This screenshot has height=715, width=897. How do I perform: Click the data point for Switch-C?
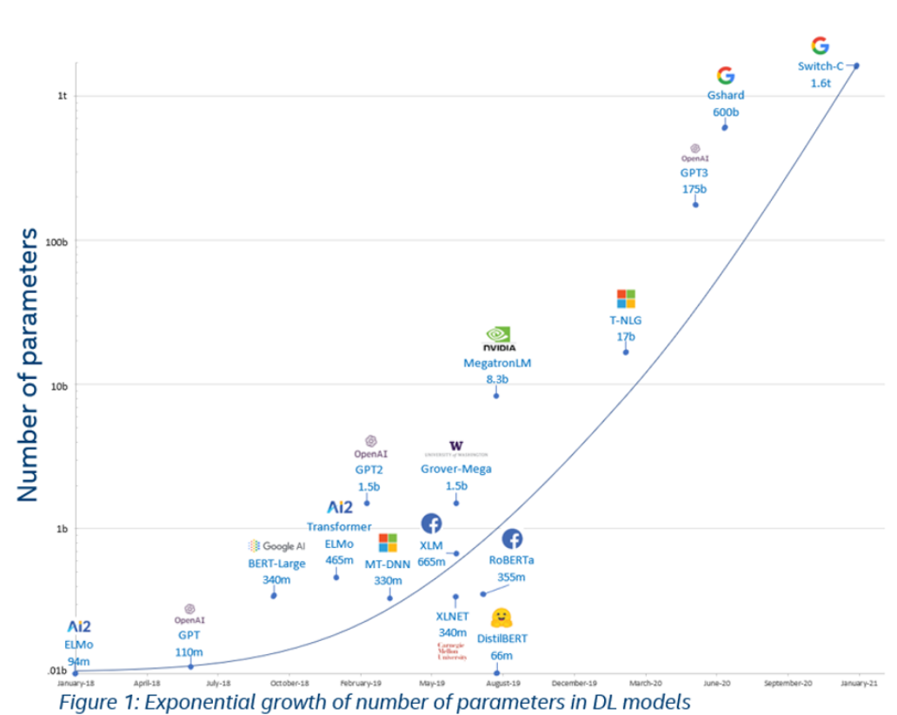pyautogui.click(x=856, y=65)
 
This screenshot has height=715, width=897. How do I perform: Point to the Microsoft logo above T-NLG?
pyautogui.click(x=626, y=299)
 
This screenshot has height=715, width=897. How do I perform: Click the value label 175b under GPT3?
pyautogui.click(x=694, y=189)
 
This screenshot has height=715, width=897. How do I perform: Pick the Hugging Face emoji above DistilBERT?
pyautogui.click(x=501, y=618)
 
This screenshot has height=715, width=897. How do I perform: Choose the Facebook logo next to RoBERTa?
pyautogui.click(x=512, y=539)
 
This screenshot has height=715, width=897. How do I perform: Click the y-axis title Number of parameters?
pyautogui.click(x=29, y=364)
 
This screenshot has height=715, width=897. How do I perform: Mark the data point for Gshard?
pyautogui.click(x=725, y=128)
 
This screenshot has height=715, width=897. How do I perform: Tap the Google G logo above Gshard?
pyautogui.click(x=725, y=76)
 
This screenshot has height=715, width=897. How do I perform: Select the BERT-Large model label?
pyautogui.click(x=276, y=563)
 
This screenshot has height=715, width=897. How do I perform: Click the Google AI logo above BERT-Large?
pyautogui.click(x=276, y=546)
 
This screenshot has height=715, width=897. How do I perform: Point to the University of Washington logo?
pyautogui.click(x=456, y=449)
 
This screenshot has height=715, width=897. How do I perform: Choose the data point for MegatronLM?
pyautogui.click(x=496, y=396)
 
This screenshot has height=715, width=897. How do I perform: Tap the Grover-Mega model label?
pyautogui.click(x=456, y=469)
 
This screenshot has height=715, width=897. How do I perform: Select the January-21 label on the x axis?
pyautogui.click(x=859, y=684)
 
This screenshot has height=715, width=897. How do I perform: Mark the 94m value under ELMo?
pyautogui.click(x=79, y=662)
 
